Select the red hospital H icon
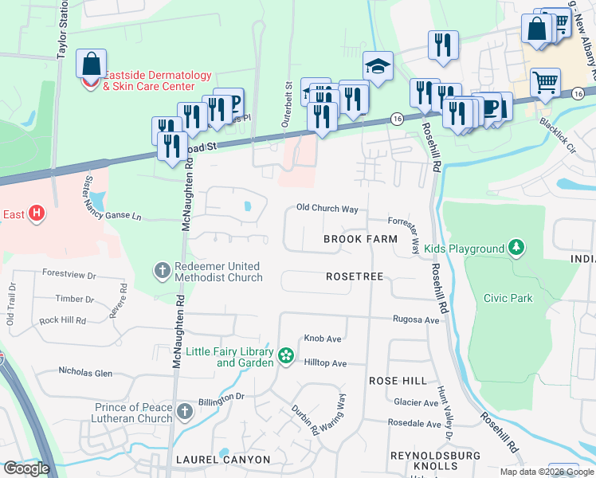(x=35, y=214)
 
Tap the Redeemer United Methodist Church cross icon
(x=162, y=271)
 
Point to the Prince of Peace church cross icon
(x=185, y=412)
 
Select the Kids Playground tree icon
(x=517, y=249)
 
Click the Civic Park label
(x=507, y=298)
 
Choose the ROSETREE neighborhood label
(x=355, y=276)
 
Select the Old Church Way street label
(x=327, y=209)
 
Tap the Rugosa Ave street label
(x=416, y=319)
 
